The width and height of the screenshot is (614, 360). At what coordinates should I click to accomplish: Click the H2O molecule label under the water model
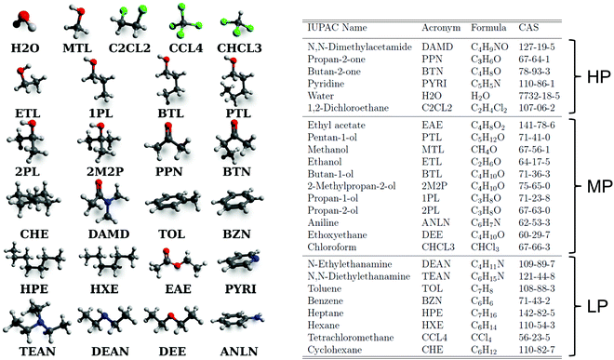point(24,45)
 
